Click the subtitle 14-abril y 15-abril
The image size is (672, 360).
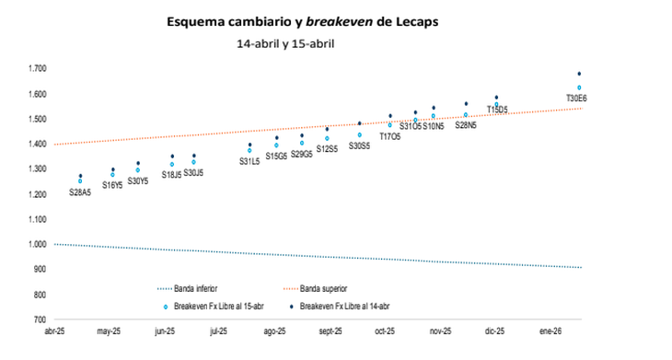coord(285,43)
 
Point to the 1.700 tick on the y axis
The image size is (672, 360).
coord(38,69)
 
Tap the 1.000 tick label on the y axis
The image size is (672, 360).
coord(38,245)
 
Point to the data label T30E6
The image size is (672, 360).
coord(578,99)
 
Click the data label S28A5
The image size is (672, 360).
coord(80,192)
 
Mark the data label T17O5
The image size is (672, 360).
coord(390,136)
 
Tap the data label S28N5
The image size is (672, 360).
coord(466,125)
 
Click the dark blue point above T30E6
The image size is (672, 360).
coord(579,74)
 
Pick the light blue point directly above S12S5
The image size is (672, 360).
coord(327,138)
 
